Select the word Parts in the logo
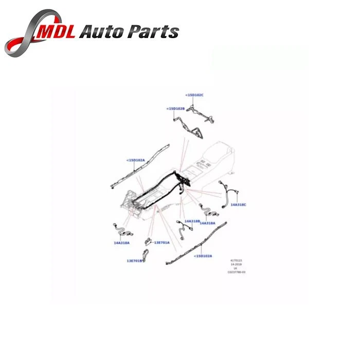pyautogui.click(x=154, y=32)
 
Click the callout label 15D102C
pyautogui.click(x=194, y=95)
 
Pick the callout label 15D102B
pyautogui.click(x=175, y=109)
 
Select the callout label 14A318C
pyautogui.click(x=238, y=205)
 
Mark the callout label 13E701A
pyautogui.click(x=161, y=242)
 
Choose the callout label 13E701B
pyautogui.click(x=135, y=261)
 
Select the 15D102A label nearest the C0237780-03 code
pyautogui.click(x=203, y=256)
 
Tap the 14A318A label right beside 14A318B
pyautogui.click(x=207, y=223)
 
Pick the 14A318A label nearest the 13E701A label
pyautogui.click(x=122, y=242)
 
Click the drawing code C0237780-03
pyautogui.click(x=237, y=272)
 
